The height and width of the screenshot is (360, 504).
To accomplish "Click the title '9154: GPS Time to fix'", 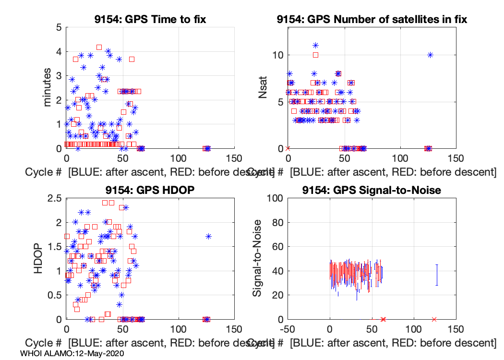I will pyautogui.click(x=149, y=20).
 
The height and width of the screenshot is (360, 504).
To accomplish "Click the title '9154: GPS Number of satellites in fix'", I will pyautogui.click(x=372, y=20).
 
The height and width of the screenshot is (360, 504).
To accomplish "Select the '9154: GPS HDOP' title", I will pyautogui.click(x=149, y=190).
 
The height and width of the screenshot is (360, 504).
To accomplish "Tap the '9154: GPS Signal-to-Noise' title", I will pyautogui.click(x=372, y=190).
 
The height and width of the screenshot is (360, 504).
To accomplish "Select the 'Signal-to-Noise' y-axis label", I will pyautogui.click(x=258, y=258).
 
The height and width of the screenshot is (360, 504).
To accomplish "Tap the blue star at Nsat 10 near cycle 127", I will pyautogui.click(x=430, y=55).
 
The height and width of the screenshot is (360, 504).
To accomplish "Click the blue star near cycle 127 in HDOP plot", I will pyautogui.click(x=208, y=236).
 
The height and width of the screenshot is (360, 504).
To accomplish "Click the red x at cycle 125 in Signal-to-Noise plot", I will pyautogui.click(x=434, y=319).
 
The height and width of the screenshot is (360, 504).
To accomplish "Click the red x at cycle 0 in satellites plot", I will pyautogui.click(x=288, y=148).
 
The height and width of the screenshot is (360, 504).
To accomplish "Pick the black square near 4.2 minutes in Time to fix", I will pyautogui.click(x=99, y=47).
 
